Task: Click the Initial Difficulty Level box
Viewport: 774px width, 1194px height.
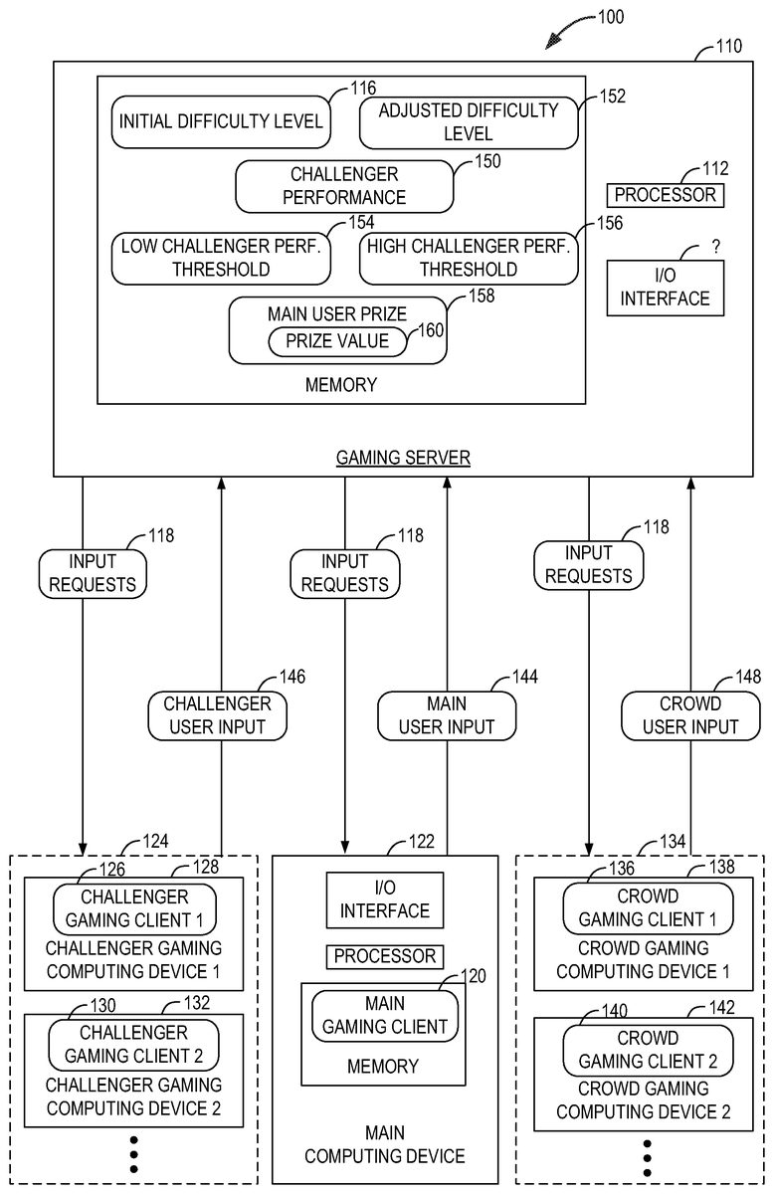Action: tap(220, 121)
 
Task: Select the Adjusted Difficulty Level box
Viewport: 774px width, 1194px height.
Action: tap(468, 121)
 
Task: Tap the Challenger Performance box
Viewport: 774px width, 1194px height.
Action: tap(344, 185)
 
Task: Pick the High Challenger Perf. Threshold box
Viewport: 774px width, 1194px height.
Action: tap(469, 257)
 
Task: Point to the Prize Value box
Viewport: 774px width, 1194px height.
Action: tap(337, 341)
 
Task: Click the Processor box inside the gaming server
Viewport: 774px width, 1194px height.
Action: tap(665, 195)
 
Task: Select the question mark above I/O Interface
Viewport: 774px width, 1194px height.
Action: tap(713, 247)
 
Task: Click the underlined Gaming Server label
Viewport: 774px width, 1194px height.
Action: tap(403, 458)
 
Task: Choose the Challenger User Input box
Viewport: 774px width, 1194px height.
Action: tap(217, 715)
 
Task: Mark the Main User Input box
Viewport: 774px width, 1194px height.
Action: tap(447, 715)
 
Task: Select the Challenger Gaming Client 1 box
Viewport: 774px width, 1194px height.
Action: tap(134, 908)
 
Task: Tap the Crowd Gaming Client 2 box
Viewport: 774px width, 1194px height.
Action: tap(648, 1049)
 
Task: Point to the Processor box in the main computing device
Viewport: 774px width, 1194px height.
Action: tap(384, 956)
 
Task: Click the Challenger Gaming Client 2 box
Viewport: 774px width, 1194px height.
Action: tap(133, 1044)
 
